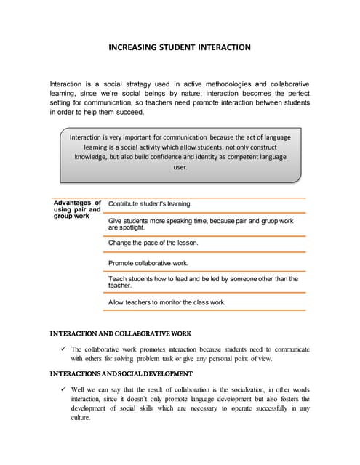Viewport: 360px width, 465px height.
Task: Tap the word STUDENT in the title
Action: pos(185,47)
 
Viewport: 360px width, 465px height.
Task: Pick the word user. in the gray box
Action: pos(180,167)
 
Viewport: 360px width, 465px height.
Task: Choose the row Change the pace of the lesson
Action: pos(153,243)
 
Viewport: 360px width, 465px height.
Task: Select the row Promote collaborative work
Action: pos(148,263)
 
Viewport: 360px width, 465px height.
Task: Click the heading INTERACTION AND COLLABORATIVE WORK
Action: pos(120,334)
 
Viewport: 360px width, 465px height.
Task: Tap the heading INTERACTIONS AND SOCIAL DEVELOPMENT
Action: pos(121,373)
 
